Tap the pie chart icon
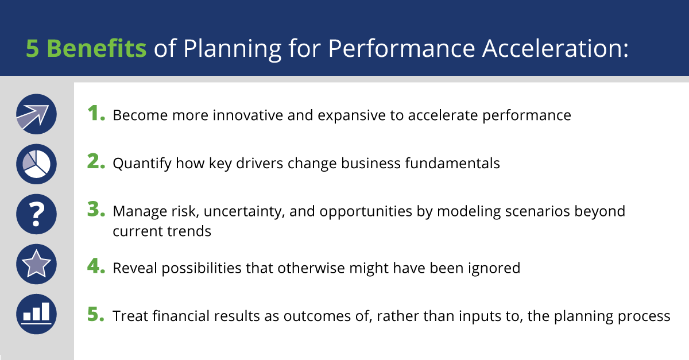pyautogui.click(x=36, y=164)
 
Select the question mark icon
pyautogui.click(x=36, y=214)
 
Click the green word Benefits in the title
pyautogui.click(x=96, y=48)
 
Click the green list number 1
pyautogui.click(x=96, y=113)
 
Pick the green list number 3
pyautogui.click(x=96, y=209)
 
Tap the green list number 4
pyautogui.click(x=96, y=266)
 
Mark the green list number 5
pyautogui.click(x=96, y=314)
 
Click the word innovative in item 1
pyautogui.click(x=247, y=115)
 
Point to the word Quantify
pyautogui.click(x=142, y=164)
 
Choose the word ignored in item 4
pyautogui.click(x=494, y=268)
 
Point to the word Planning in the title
pyautogui.click(x=232, y=49)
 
